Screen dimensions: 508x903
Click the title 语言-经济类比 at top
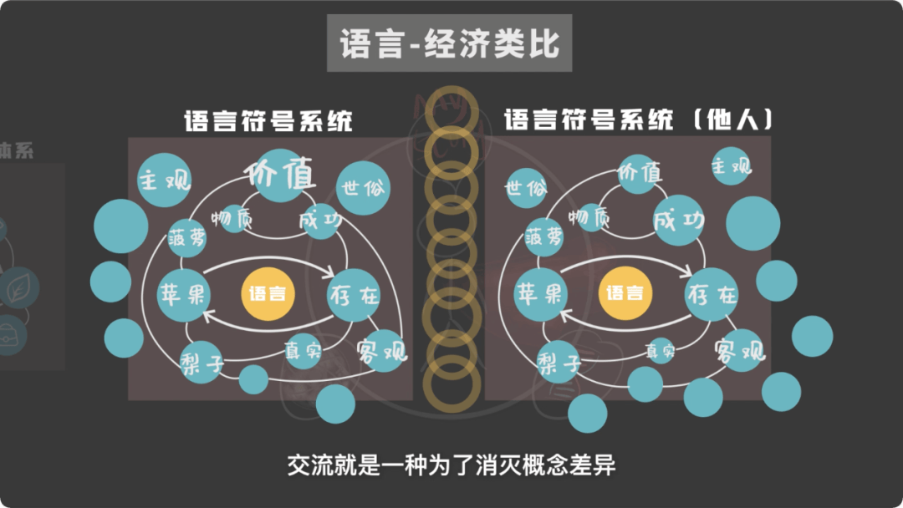(x=449, y=43)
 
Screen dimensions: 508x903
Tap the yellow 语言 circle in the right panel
(x=625, y=293)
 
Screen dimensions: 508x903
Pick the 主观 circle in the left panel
(x=165, y=180)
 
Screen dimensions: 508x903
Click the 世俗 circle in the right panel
(x=525, y=186)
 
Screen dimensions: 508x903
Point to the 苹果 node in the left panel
(x=185, y=294)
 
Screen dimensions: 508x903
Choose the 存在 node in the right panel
(x=712, y=295)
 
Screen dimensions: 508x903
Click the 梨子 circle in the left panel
(x=203, y=362)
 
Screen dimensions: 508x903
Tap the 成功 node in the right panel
(x=678, y=221)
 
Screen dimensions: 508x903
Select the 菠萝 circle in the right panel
(x=544, y=237)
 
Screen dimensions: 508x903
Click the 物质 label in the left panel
(x=232, y=219)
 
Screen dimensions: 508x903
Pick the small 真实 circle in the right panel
(x=660, y=351)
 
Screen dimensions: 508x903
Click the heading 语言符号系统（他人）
(x=639, y=120)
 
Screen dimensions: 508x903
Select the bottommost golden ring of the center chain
(x=451, y=385)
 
